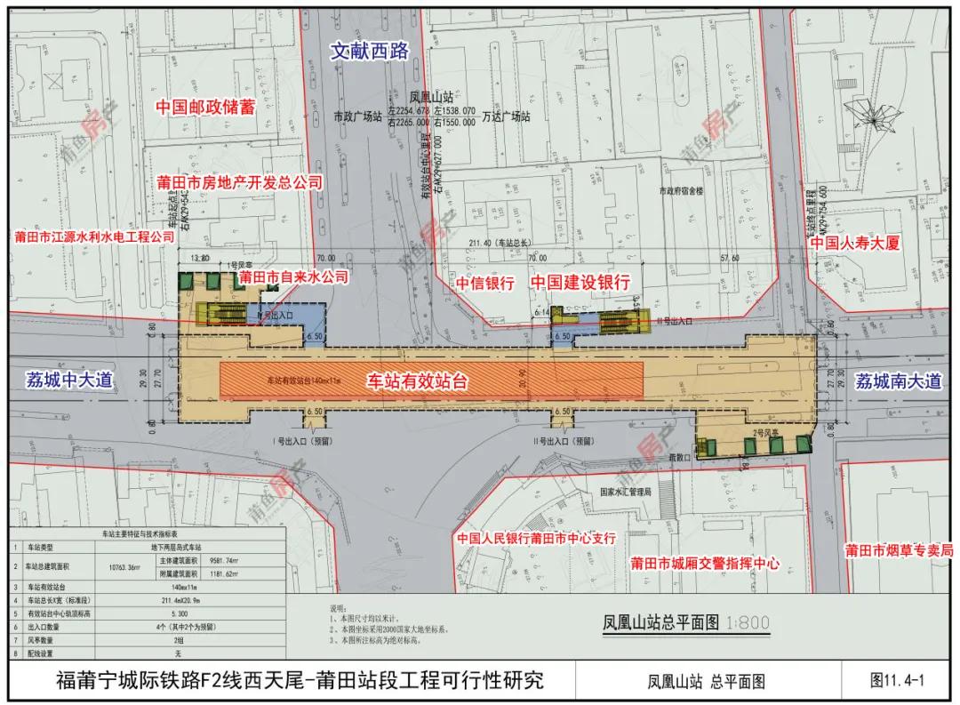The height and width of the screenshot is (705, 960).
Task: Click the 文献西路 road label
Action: click(x=369, y=52)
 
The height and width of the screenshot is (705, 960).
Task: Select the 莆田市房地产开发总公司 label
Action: click(x=238, y=182)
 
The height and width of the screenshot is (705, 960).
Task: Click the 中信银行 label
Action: click(x=485, y=283)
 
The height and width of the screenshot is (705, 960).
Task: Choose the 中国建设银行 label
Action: click(x=580, y=282)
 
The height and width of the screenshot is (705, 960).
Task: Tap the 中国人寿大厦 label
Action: click(x=855, y=243)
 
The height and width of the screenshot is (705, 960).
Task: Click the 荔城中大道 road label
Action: click(x=68, y=381)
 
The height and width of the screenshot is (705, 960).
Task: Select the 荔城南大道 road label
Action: click(x=897, y=381)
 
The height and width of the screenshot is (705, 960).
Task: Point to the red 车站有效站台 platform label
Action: click(x=418, y=381)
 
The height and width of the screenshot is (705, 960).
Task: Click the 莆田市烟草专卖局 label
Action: click(x=900, y=549)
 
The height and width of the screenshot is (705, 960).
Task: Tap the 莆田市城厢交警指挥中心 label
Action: click(x=705, y=563)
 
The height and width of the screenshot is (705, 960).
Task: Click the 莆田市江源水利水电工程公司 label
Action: click(x=93, y=238)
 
